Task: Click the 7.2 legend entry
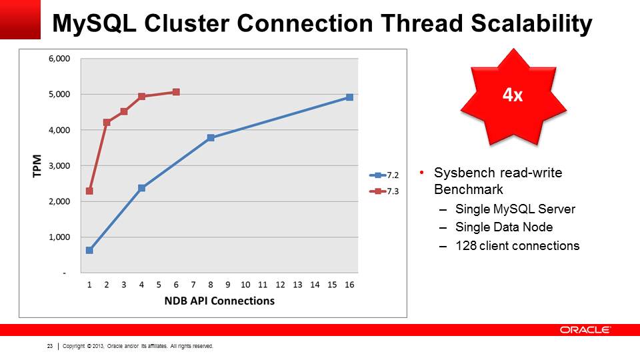(384, 175)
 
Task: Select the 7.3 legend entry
(384, 191)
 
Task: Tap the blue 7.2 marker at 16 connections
(349, 97)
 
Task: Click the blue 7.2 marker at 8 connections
(211, 137)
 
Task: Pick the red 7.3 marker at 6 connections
(176, 92)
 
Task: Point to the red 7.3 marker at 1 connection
(89, 191)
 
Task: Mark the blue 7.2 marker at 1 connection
(89, 250)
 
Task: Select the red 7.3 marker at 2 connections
(107, 122)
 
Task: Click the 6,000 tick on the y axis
(59, 59)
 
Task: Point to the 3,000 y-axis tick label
(59, 166)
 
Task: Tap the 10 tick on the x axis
(245, 285)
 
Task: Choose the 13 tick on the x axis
(297, 285)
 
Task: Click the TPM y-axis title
(37, 166)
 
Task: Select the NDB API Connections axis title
(219, 301)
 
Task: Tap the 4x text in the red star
(513, 95)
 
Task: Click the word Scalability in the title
(531, 24)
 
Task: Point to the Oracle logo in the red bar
(585, 330)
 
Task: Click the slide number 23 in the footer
(50, 346)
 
